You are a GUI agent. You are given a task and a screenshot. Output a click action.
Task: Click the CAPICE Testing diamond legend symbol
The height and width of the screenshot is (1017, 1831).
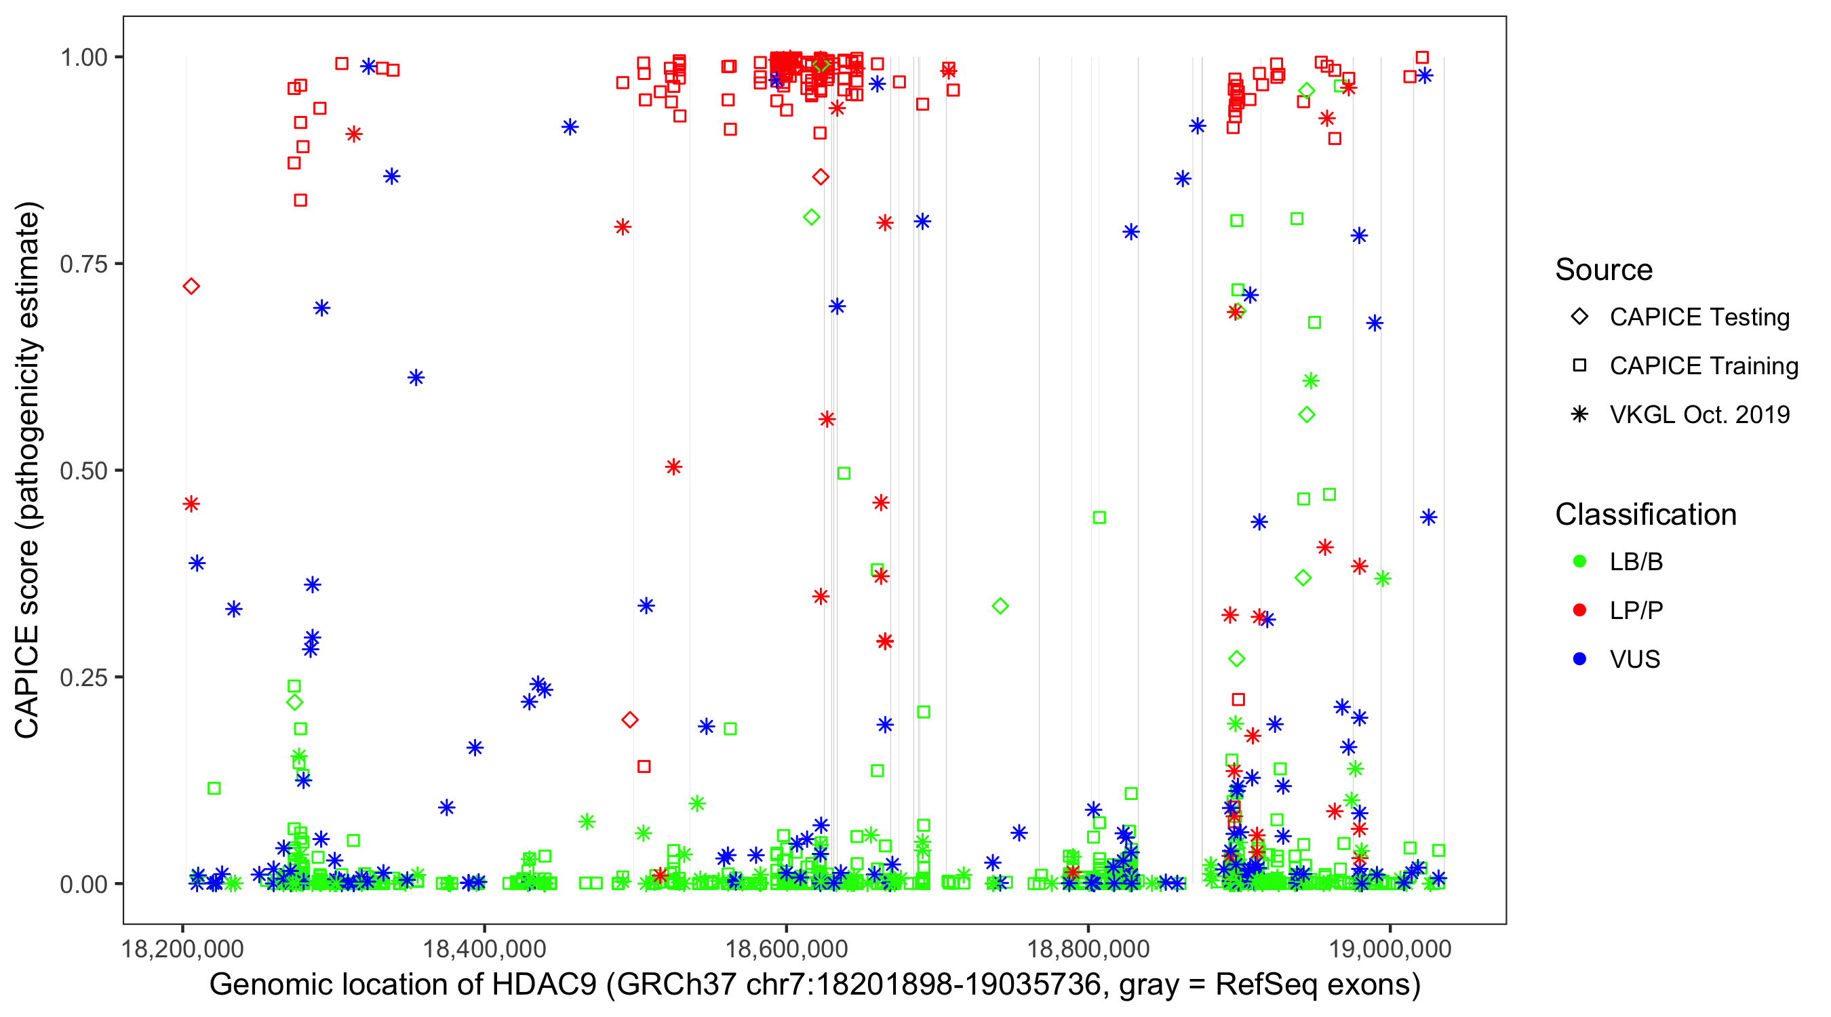tap(1579, 317)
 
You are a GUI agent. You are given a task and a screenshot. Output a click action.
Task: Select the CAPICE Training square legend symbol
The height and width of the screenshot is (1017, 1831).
tap(1579, 366)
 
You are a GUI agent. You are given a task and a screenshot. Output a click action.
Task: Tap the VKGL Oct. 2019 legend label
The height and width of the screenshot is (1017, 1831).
tap(1699, 415)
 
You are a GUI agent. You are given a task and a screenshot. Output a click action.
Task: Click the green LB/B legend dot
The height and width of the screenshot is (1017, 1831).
tap(1579, 561)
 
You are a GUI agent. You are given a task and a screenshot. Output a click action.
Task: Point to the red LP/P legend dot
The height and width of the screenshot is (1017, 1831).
tap(1579, 610)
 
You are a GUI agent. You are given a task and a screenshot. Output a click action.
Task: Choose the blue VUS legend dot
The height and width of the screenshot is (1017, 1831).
tap(1579, 660)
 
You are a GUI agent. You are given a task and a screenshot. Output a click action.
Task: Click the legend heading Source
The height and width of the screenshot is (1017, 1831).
tap(1604, 270)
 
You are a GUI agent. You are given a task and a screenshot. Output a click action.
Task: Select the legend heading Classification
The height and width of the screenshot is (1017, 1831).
tap(1645, 515)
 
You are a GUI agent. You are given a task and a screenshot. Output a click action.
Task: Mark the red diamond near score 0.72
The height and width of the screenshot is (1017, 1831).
tap(191, 286)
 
